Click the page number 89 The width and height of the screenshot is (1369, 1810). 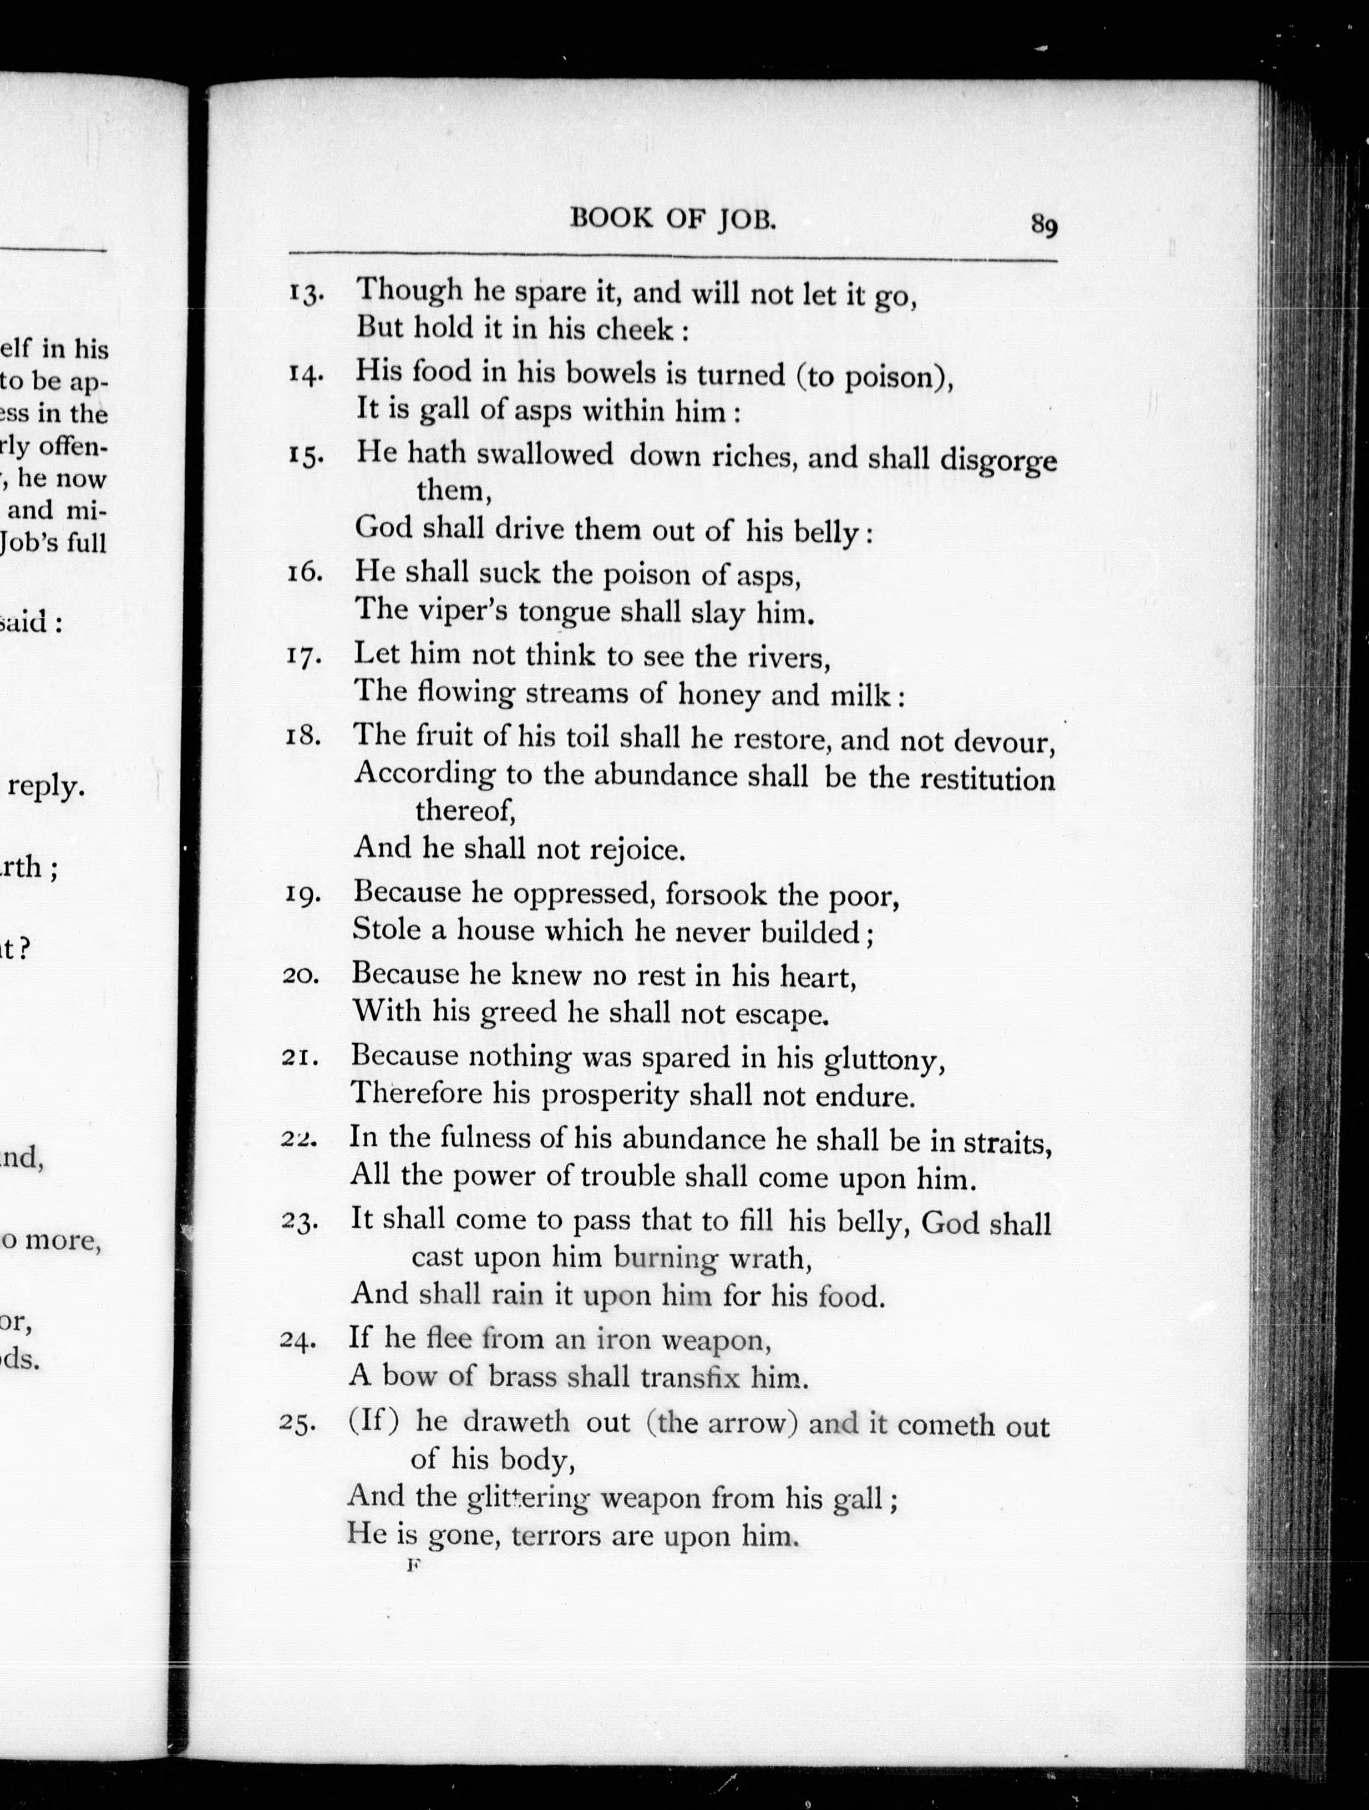[x=1043, y=224]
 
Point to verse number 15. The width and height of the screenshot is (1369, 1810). [x=305, y=456]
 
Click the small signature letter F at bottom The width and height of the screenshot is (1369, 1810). [x=413, y=1565]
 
